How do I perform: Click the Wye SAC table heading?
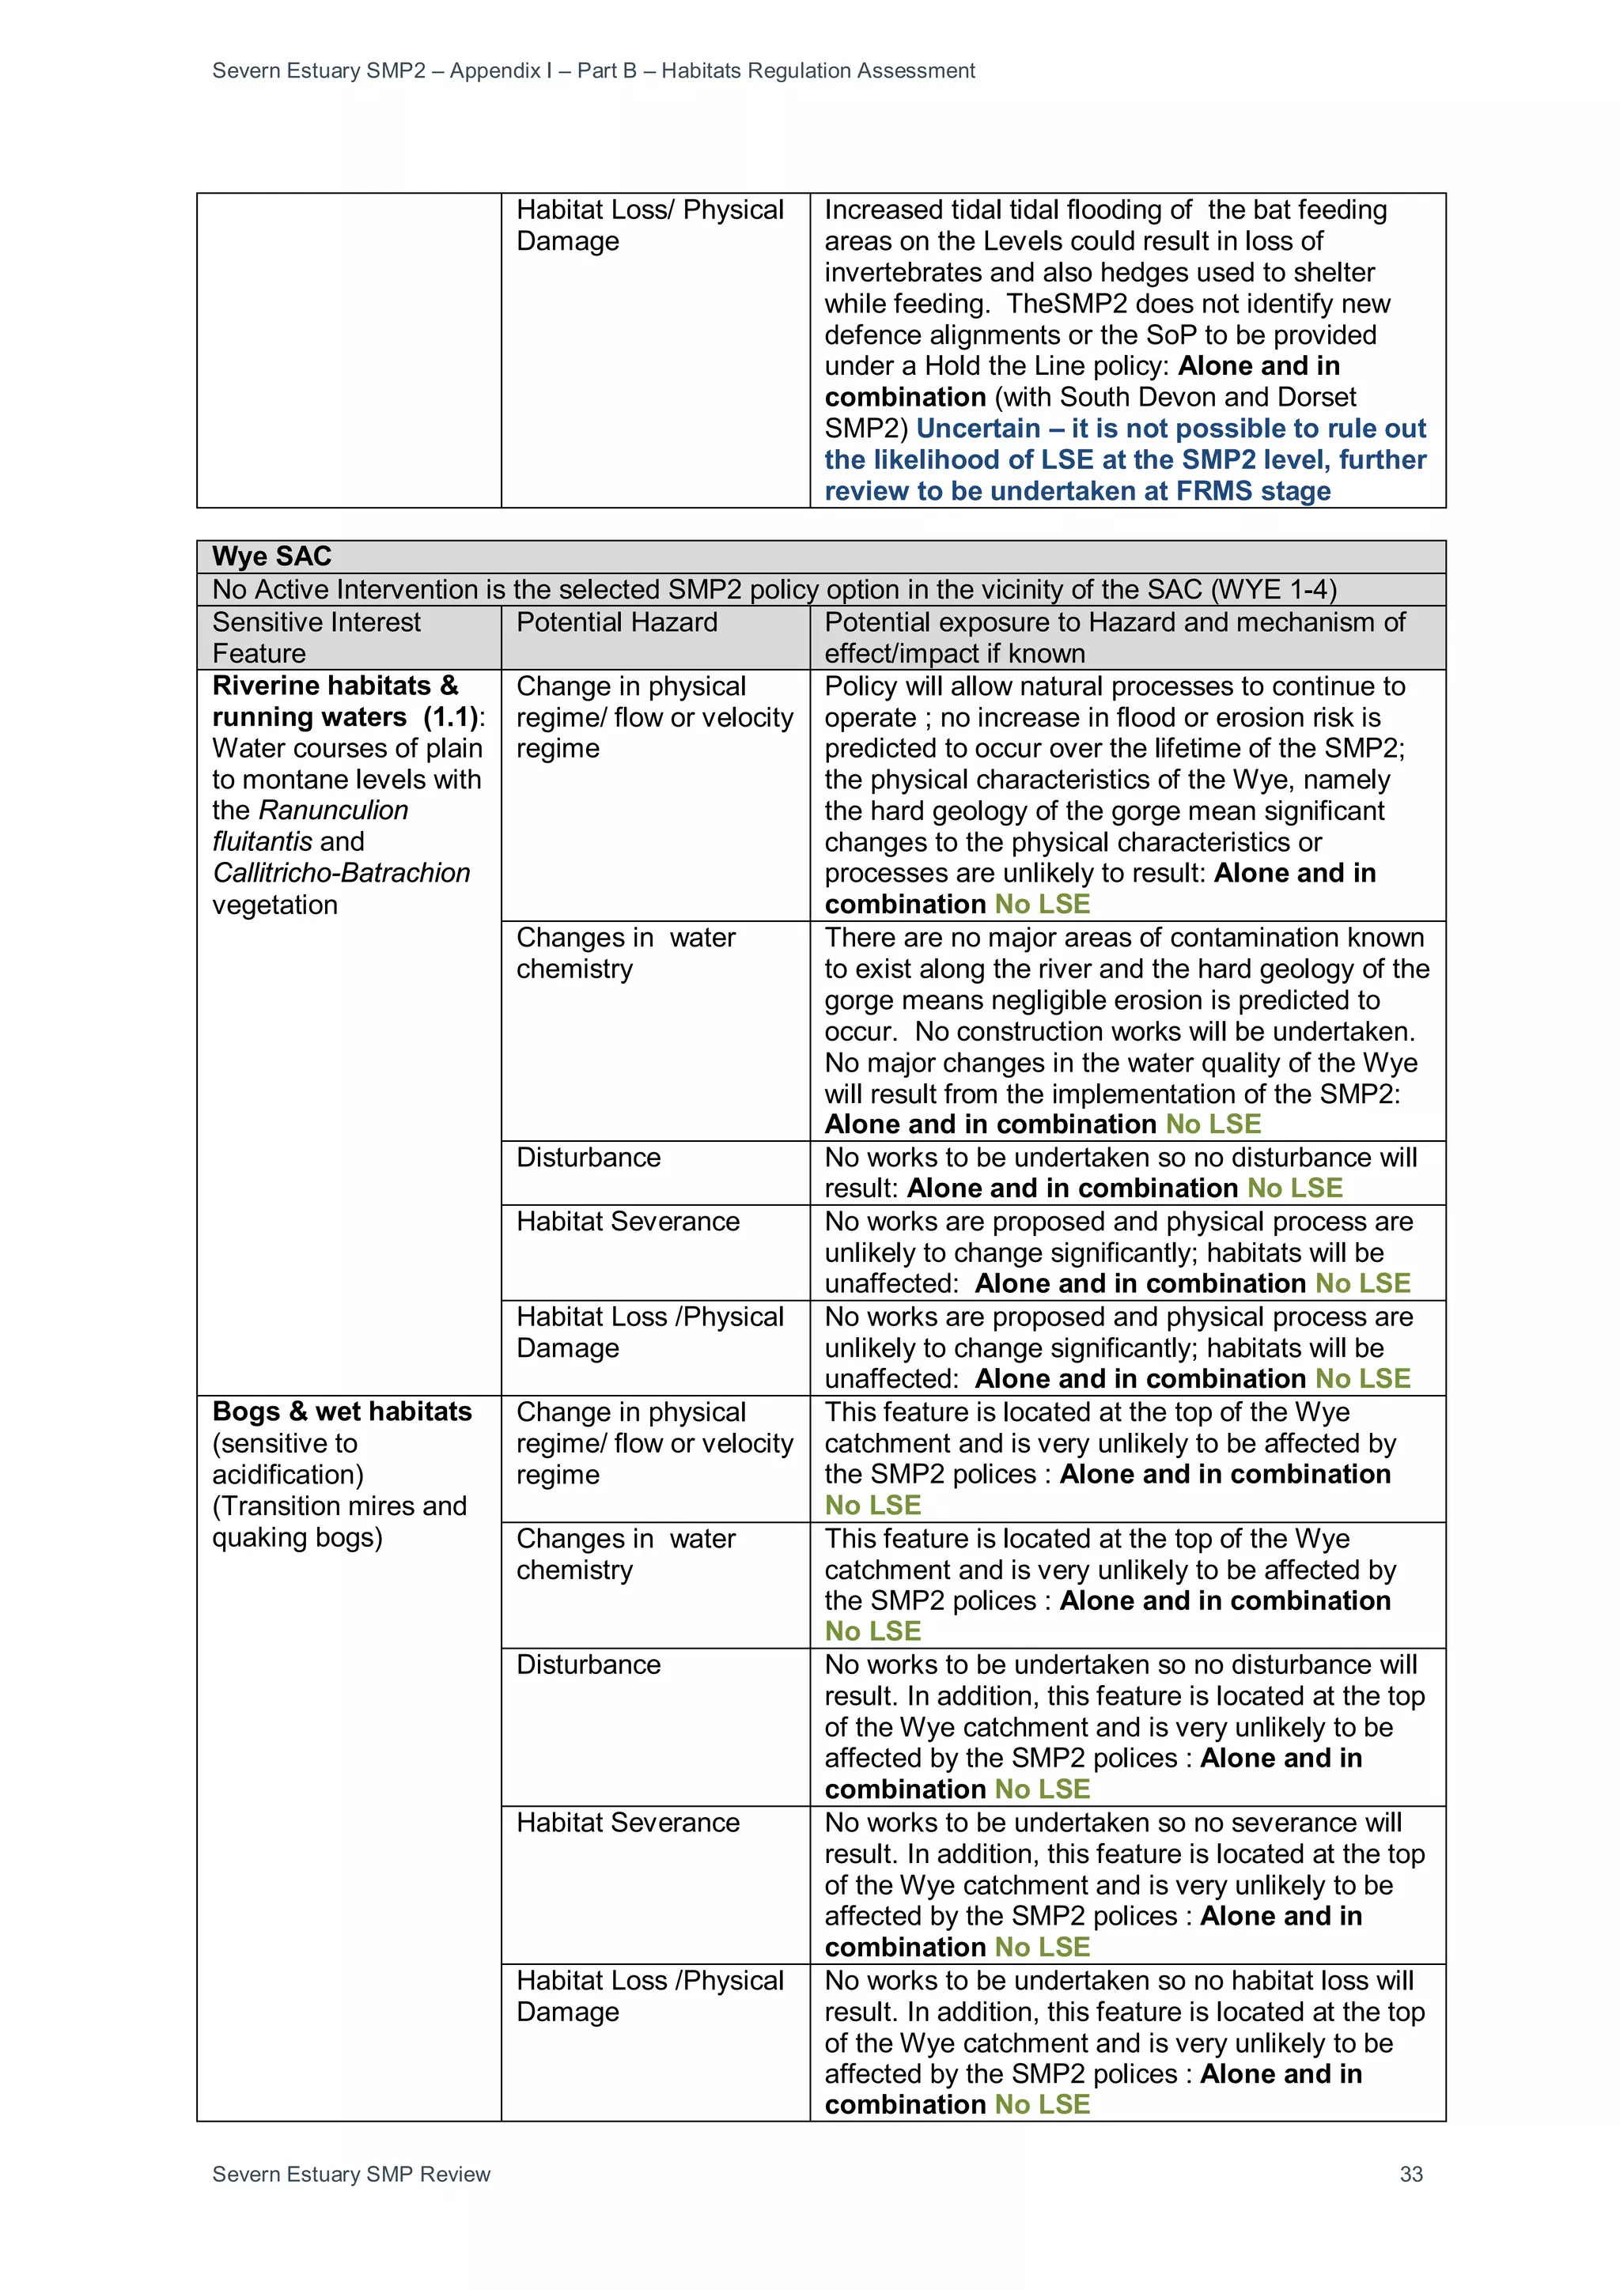pyautogui.click(x=271, y=557)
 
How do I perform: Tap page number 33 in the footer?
pyautogui.click(x=1410, y=2175)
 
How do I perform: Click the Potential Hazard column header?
pyautogui.click(x=616, y=622)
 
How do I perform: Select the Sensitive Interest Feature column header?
pyautogui.click(x=316, y=637)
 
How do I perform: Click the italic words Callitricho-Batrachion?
pyautogui.click(x=341, y=873)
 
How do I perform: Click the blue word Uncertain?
pyautogui.click(x=978, y=429)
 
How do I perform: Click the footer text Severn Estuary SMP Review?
pyautogui.click(x=351, y=2175)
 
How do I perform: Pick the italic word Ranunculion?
pyautogui.click(x=333, y=810)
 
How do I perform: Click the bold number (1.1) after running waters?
pyautogui.click(x=451, y=717)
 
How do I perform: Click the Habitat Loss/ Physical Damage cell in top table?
pyautogui.click(x=650, y=225)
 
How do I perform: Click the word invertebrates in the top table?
pyautogui.click(x=907, y=272)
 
